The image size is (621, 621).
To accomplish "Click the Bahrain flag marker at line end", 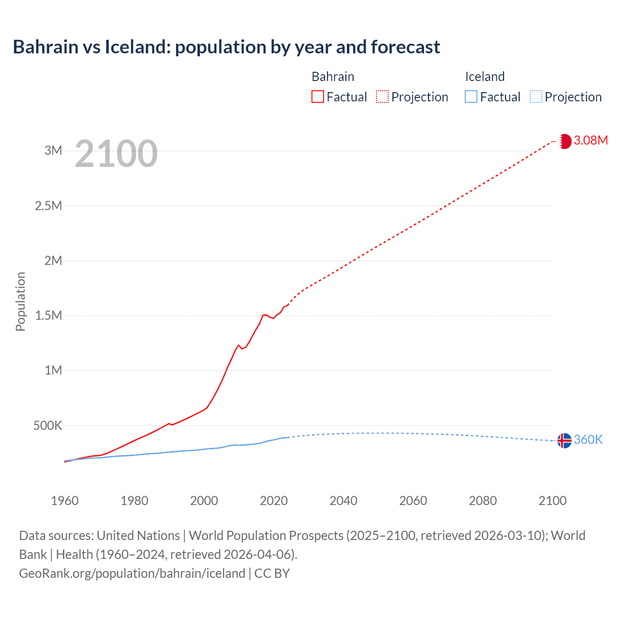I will pyautogui.click(x=564, y=141).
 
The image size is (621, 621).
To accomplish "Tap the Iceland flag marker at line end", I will pyautogui.click(x=564, y=441).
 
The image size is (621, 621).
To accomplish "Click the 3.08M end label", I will pyautogui.click(x=590, y=140).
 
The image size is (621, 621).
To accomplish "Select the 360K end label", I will pyautogui.click(x=588, y=440).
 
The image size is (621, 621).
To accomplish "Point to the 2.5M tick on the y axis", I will pyautogui.click(x=49, y=206).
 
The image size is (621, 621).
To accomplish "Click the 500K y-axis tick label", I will pyautogui.click(x=48, y=426).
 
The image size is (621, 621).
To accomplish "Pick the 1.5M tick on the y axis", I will pyautogui.click(x=49, y=316).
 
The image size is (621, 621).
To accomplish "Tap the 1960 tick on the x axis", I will pyautogui.click(x=65, y=501).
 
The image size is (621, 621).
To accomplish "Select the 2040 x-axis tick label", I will pyautogui.click(x=343, y=501).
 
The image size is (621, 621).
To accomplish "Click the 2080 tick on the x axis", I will pyautogui.click(x=483, y=501).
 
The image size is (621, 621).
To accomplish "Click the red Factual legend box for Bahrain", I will pyautogui.click(x=318, y=97).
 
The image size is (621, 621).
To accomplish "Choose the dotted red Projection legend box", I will pyautogui.click(x=382, y=97).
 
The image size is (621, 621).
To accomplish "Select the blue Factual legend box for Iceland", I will pyautogui.click(x=471, y=97).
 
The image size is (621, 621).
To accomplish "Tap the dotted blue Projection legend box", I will pyautogui.click(x=536, y=97).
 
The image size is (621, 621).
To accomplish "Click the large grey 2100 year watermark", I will pyautogui.click(x=116, y=154).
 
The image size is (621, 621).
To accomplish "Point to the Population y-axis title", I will pyautogui.click(x=20, y=301).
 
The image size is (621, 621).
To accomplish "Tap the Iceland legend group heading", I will pyautogui.click(x=485, y=77).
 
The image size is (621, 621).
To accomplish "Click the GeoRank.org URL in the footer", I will pyautogui.click(x=132, y=573).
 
